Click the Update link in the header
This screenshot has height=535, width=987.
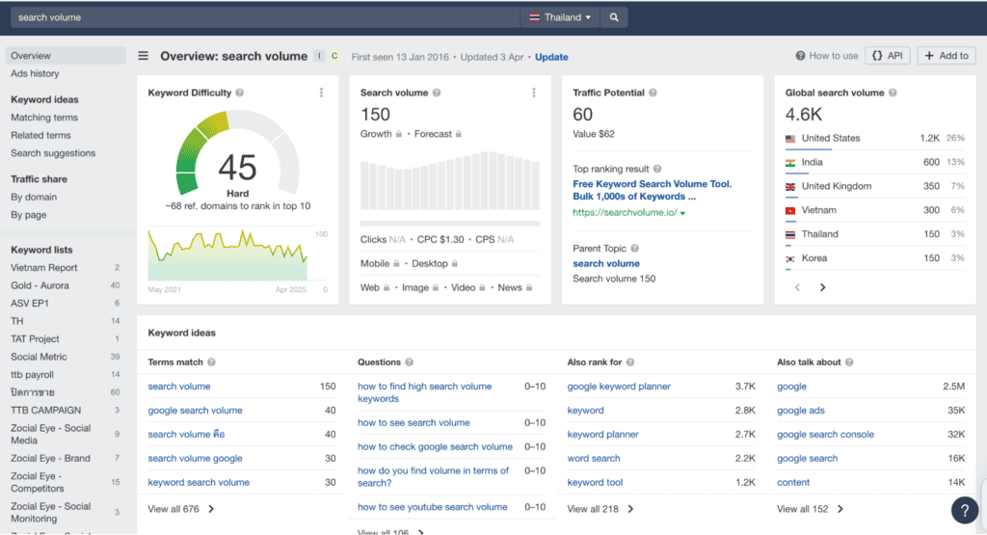tap(551, 57)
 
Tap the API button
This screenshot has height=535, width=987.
tap(888, 56)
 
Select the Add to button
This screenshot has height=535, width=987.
tap(946, 56)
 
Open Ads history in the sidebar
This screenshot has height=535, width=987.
tap(35, 73)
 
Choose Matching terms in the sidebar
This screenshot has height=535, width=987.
tap(44, 118)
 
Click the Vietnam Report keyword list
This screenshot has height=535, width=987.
tap(44, 268)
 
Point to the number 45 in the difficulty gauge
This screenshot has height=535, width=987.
tap(237, 168)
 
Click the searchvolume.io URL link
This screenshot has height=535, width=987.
tap(626, 212)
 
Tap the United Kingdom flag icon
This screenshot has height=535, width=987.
tap(790, 186)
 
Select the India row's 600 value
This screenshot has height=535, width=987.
tap(930, 163)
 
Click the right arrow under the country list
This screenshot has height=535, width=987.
tap(822, 287)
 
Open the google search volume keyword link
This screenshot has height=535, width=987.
tap(195, 411)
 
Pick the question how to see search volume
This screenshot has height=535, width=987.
tap(413, 423)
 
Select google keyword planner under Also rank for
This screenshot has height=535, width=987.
tap(619, 387)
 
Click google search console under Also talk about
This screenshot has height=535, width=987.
tap(825, 435)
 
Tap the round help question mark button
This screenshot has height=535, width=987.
tap(964, 510)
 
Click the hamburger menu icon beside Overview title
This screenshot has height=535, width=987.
tap(144, 56)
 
